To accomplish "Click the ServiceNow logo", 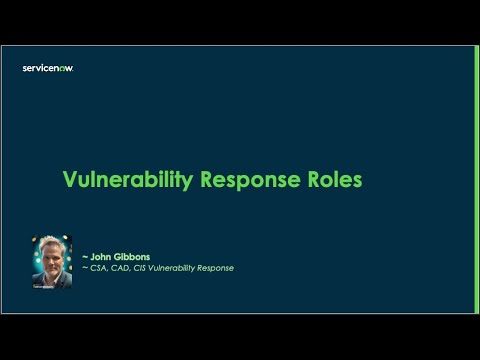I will [48, 68].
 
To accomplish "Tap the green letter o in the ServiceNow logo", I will [65, 68].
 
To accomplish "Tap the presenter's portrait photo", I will [52, 262].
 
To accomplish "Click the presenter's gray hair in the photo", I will [52, 243].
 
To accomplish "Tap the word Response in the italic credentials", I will [217, 268].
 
